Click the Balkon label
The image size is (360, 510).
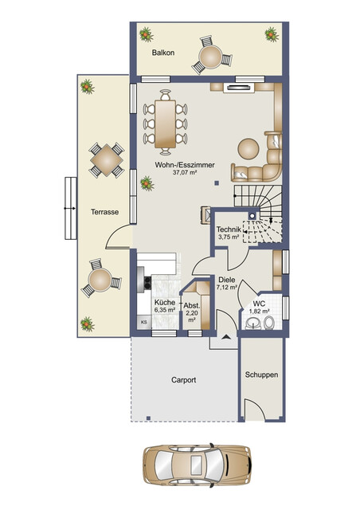(163, 53)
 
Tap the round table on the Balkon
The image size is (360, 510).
(210, 57)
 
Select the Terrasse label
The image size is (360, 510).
(104, 212)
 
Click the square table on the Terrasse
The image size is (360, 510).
(107, 160)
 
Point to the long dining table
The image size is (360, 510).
(165, 124)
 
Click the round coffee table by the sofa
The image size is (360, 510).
(248, 149)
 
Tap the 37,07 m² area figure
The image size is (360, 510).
(185, 173)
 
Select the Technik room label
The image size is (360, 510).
(229, 229)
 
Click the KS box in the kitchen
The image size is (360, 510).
(144, 322)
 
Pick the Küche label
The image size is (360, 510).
(165, 302)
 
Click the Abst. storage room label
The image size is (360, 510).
(191, 306)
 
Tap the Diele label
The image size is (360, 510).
(227, 280)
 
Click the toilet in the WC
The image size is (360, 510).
(268, 323)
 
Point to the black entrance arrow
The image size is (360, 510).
(226, 337)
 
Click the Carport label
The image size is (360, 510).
(184, 380)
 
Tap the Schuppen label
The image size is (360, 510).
(261, 375)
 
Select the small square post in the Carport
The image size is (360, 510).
(148, 418)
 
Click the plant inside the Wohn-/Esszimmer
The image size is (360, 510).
(147, 183)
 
